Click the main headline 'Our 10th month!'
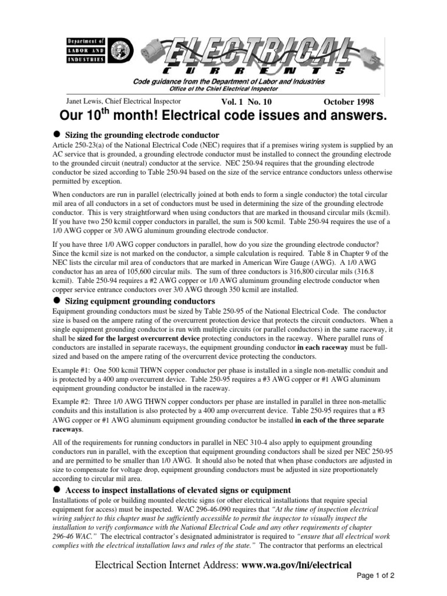point(223,116)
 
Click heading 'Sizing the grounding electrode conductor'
point(141,135)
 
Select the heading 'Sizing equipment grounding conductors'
point(140,301)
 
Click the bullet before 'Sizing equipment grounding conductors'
point(57,300)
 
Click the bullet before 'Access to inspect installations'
point(57,489)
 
